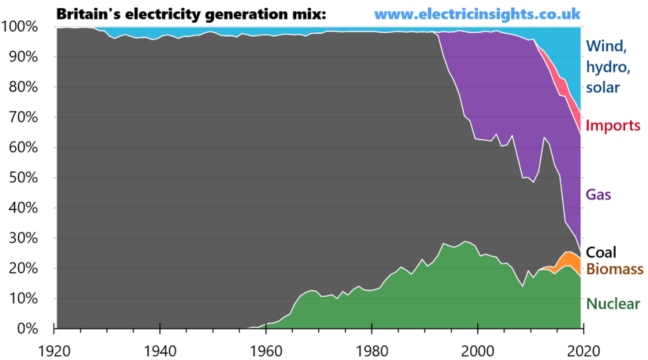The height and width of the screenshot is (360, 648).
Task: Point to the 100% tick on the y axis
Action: click(22, 27)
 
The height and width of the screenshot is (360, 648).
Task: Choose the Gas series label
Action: click(599, 194)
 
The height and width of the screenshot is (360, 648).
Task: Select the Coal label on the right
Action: click(602, 252)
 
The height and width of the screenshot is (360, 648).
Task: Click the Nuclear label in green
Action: click(612, 304)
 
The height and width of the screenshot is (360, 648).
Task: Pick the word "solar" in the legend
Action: click(602, 87)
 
